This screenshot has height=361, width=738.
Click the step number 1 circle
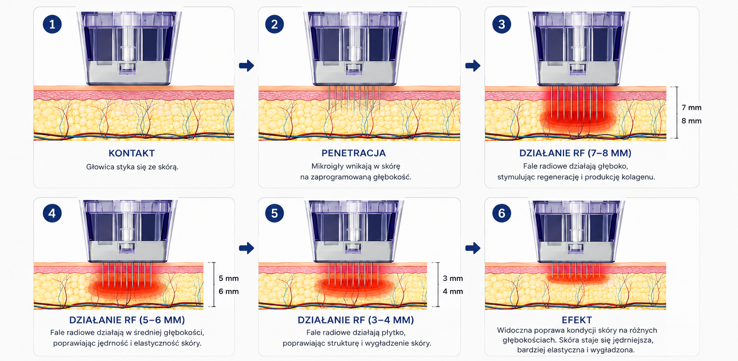(x=52, y=24)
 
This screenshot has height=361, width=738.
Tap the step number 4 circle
(x=52, y=213)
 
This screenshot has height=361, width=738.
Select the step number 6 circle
(x=502, y=213)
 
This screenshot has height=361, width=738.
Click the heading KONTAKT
(x=132, y=153)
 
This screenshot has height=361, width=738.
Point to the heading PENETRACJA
(x=354, y=153)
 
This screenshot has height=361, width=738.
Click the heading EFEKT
(x=577, y=320)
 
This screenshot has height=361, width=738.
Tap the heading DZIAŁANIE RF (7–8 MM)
(x=575, y=153)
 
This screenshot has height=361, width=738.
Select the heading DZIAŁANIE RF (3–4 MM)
(x=356, y=320)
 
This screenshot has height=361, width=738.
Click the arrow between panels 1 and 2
(x=246, y=65)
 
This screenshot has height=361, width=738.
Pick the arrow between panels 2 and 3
(x=473, y=65)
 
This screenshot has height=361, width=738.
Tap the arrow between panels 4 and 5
(x=246, y=248)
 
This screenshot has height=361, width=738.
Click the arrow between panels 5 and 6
(x=473, y=248)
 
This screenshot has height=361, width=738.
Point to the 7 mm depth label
(x=691, y=108)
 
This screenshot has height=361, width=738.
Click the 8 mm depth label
(x=691, y=121)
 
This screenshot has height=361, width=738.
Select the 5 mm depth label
(x=229, y=278)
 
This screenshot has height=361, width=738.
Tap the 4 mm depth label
(x=453, y=291)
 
